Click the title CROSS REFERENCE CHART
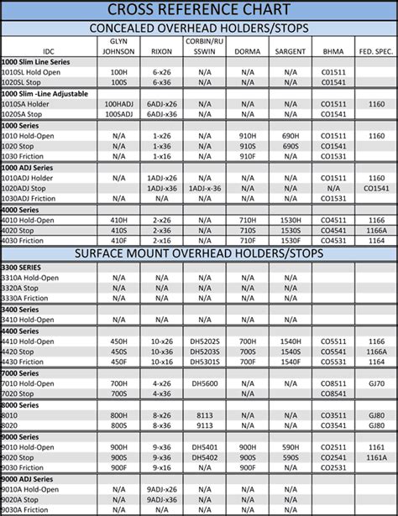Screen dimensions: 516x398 [199, 9]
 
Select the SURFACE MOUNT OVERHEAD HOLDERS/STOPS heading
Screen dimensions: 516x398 [199, 253]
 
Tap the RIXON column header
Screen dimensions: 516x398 [161, 50]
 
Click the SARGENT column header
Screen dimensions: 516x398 [291, 50]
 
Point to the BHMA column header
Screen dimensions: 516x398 [333, 50]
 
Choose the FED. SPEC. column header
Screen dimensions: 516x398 [376, 50]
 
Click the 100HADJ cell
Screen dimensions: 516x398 [118, 104]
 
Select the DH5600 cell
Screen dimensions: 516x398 [205, 383]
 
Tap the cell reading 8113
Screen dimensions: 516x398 [205, 414]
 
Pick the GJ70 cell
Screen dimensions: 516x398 [376, 383]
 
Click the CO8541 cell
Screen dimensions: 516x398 [333, 393]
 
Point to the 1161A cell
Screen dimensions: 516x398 [376, 457]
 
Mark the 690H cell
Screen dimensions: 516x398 [291, 136]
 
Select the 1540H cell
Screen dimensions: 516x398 [291, 341]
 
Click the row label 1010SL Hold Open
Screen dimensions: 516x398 [31, 72]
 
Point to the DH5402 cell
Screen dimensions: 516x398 [205, 457]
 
